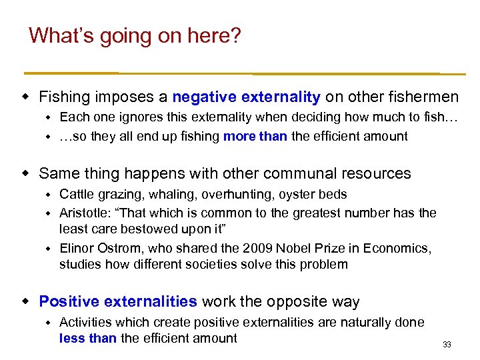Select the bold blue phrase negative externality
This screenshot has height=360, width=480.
[246, 97]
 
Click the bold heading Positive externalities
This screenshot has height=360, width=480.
[118, 302]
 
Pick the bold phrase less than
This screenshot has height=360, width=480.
[87, 338]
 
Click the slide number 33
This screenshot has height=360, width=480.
[447, 345]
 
